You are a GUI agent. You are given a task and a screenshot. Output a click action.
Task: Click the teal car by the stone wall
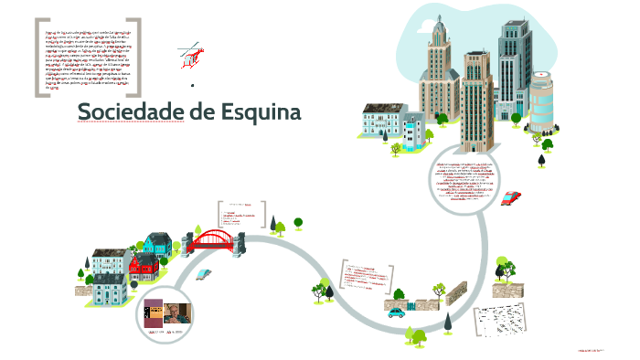pos(395,312)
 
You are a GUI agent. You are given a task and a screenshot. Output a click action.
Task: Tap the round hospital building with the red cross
pos(542,101)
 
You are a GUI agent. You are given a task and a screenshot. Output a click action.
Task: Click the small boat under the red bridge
pos(207,273)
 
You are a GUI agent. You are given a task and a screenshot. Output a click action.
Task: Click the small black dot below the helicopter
pos(193,85)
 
